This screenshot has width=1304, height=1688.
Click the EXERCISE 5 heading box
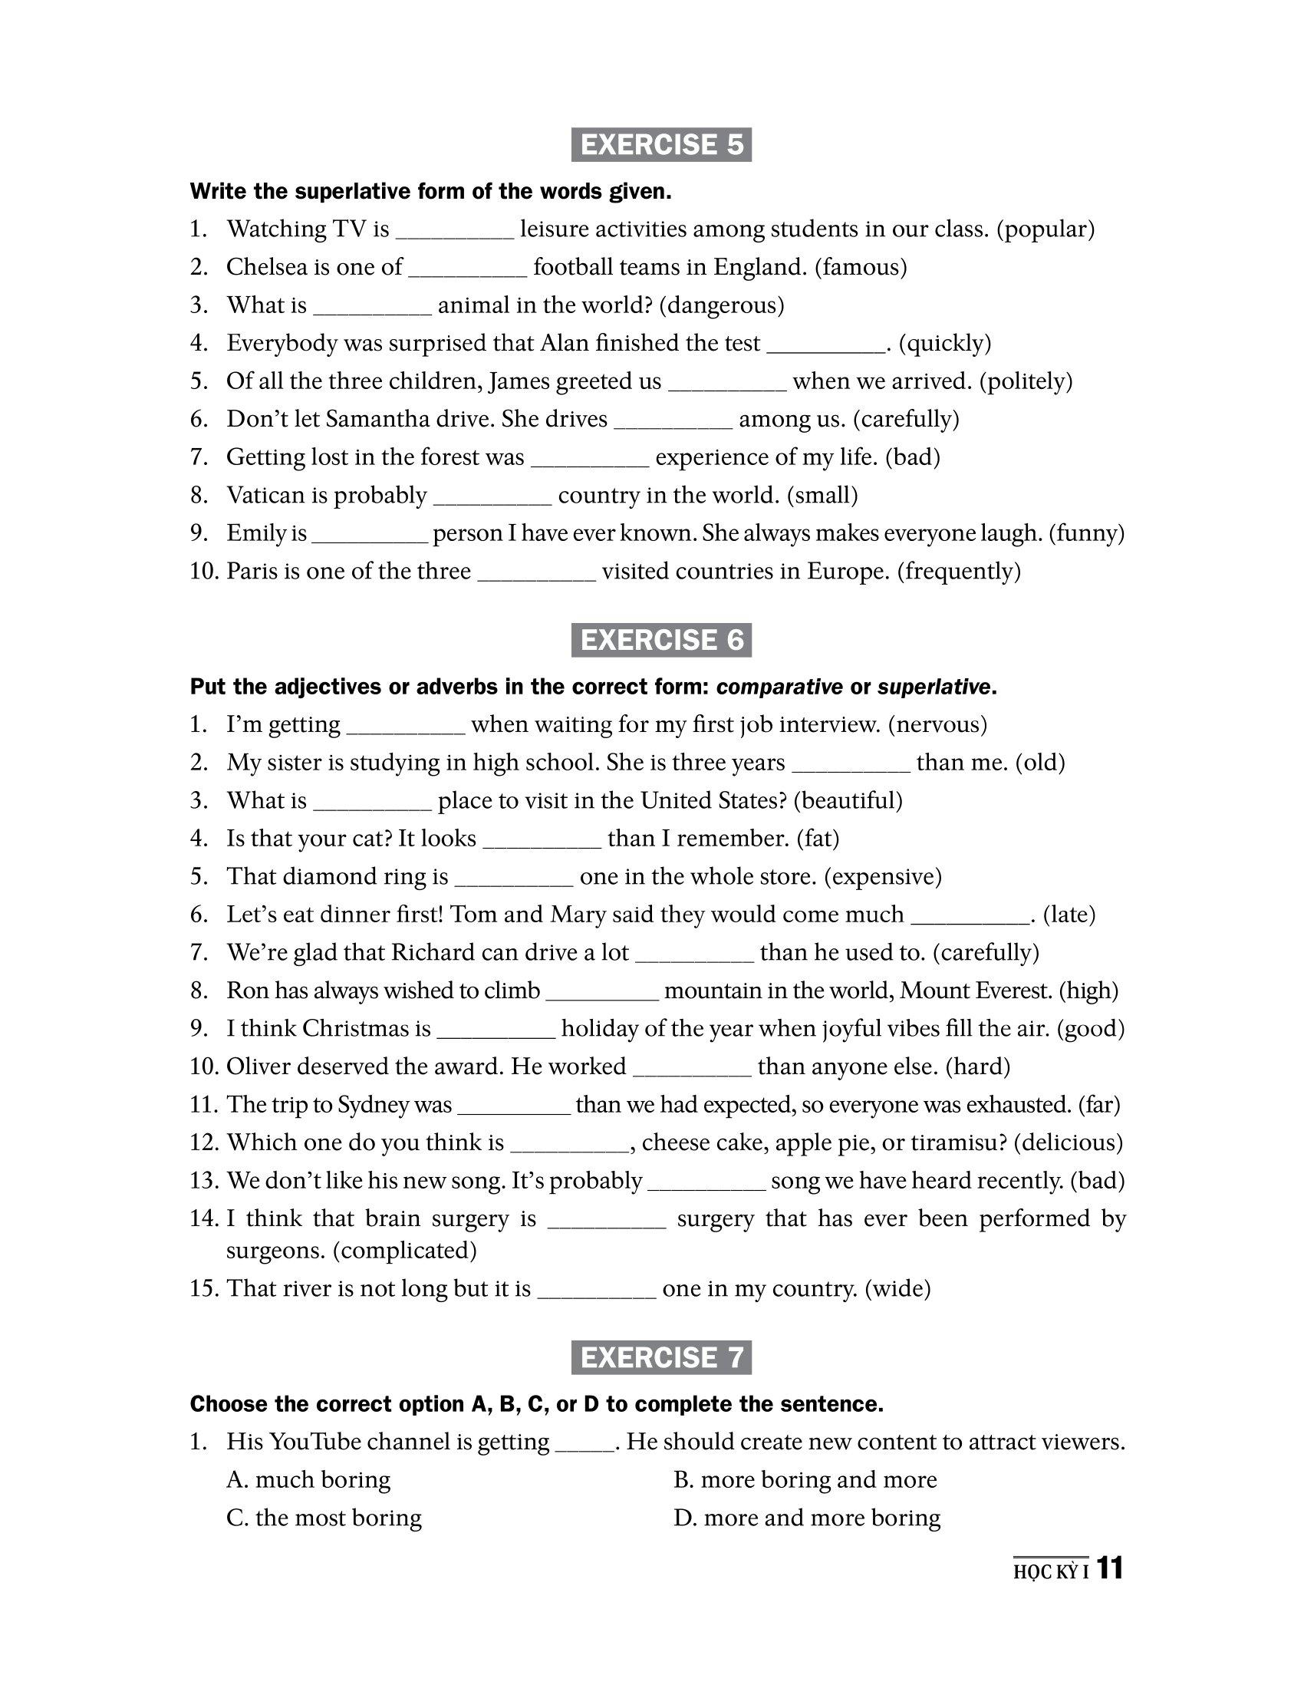[660, 145]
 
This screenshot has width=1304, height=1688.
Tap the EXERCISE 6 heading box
[660, 640]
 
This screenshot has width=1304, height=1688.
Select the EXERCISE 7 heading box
[660, 1357]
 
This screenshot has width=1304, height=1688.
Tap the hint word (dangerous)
[722, 305]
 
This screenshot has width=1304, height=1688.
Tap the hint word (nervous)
[938, 724]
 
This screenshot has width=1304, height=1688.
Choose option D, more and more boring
[807, 1517]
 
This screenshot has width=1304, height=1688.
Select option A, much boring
[309, 1479]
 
